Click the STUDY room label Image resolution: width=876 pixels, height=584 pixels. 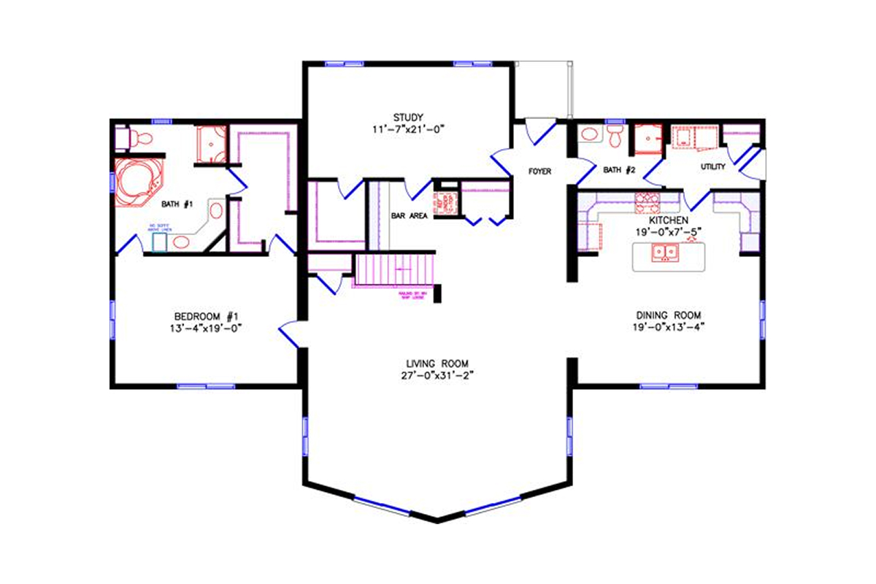pos(408,117)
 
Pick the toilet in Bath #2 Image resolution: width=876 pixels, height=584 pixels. pos(615,135)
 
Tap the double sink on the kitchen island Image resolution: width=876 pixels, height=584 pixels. pos(666,253)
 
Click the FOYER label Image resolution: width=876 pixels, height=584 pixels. pos(539,172)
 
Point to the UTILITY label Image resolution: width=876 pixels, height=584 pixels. pos(712,167)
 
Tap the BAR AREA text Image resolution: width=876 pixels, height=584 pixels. pos(409,216)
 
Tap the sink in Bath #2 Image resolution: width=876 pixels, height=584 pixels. pos(588,134)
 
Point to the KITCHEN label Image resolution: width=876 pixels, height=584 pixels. pos(668,220)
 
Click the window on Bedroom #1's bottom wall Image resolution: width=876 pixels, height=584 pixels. pos(206,385)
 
